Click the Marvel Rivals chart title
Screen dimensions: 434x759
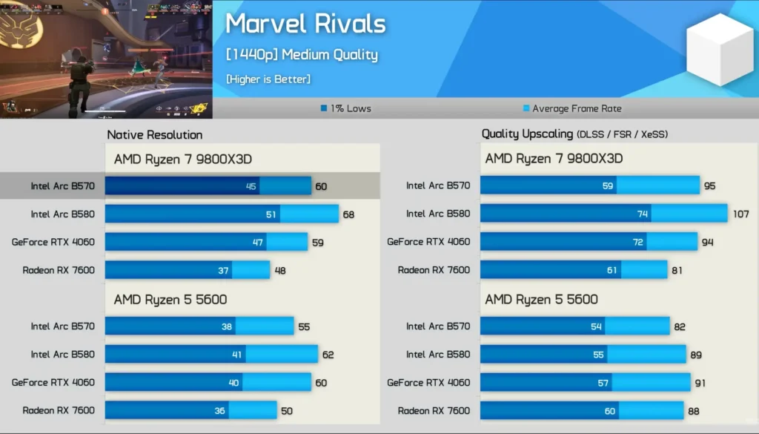click(305, 24)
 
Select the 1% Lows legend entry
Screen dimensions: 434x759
click(346, 108)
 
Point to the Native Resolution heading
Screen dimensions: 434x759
click(154, 134)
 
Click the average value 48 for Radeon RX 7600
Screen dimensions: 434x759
click(281, 271)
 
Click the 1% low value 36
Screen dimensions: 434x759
click(220, 411)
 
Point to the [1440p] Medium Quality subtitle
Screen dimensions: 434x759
click(302, 55)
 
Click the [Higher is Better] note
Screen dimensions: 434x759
click(268, 79)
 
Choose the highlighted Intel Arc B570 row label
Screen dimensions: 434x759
click(62, 186)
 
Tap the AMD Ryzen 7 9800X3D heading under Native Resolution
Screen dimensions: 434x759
click(183, 159)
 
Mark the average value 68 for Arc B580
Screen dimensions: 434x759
click(348, 215)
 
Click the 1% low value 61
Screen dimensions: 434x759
click(611, 271)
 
